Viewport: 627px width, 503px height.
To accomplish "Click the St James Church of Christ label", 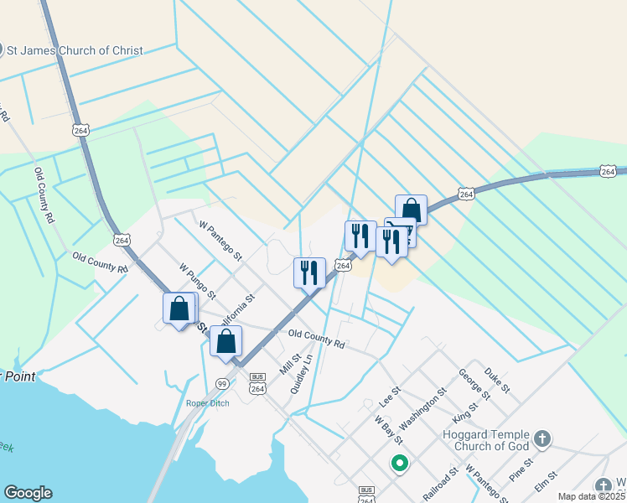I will tap(75, 50).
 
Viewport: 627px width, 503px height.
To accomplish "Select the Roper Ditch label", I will tap(207, 403).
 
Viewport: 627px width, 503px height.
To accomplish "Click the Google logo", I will tap(28, 493).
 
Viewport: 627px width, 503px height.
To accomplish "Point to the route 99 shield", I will tap(222, 384).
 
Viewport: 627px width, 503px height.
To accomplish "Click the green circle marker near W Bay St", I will tap(400, 463).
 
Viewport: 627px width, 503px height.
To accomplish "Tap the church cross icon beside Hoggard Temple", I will tap(542, 438).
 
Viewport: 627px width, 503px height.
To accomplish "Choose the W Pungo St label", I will tap(198, 283).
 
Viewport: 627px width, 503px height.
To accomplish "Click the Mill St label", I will tap(290, 365).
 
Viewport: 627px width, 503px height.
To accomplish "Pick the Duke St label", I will tap(497, 380).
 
